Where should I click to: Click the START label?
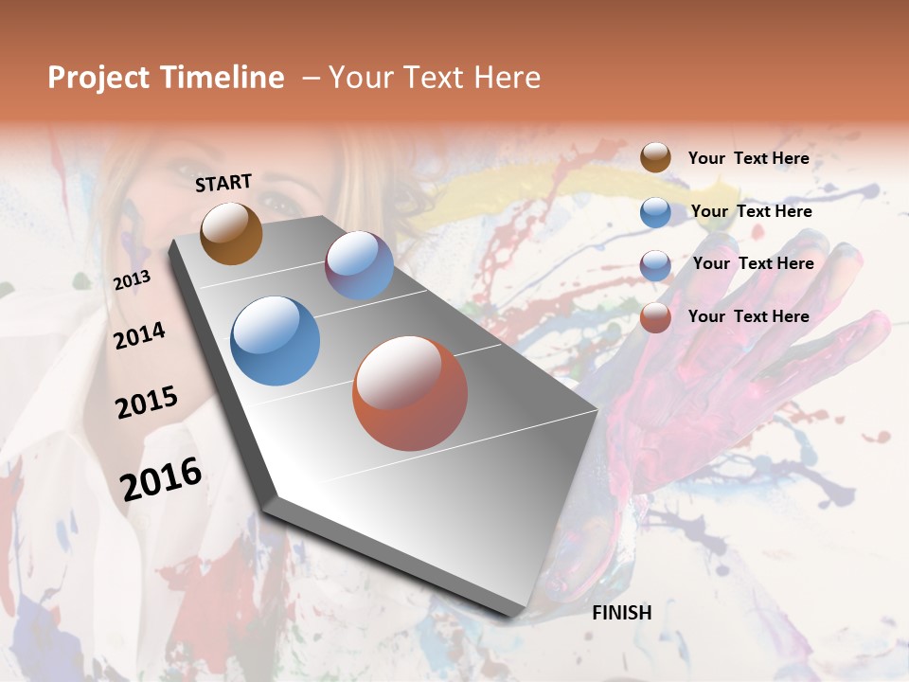(223, 183)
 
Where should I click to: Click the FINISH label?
(621, 613)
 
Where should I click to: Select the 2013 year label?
(132, 280)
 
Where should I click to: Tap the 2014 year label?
(139, 335)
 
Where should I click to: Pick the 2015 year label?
(147, 402)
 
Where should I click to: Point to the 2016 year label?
(161, 478)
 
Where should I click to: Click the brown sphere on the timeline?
(231, 233)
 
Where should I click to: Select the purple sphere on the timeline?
(359, 265)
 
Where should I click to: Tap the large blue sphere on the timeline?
(275, 341)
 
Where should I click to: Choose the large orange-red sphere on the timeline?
(410, 393)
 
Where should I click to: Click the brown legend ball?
(655, 157)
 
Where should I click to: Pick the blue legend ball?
(655, 212)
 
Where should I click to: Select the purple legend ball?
(655, 265)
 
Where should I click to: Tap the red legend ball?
(655, 317)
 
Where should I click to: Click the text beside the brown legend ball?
(748, 158)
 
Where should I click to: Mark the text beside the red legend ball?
(748, 316)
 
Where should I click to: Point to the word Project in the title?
(98, 78)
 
